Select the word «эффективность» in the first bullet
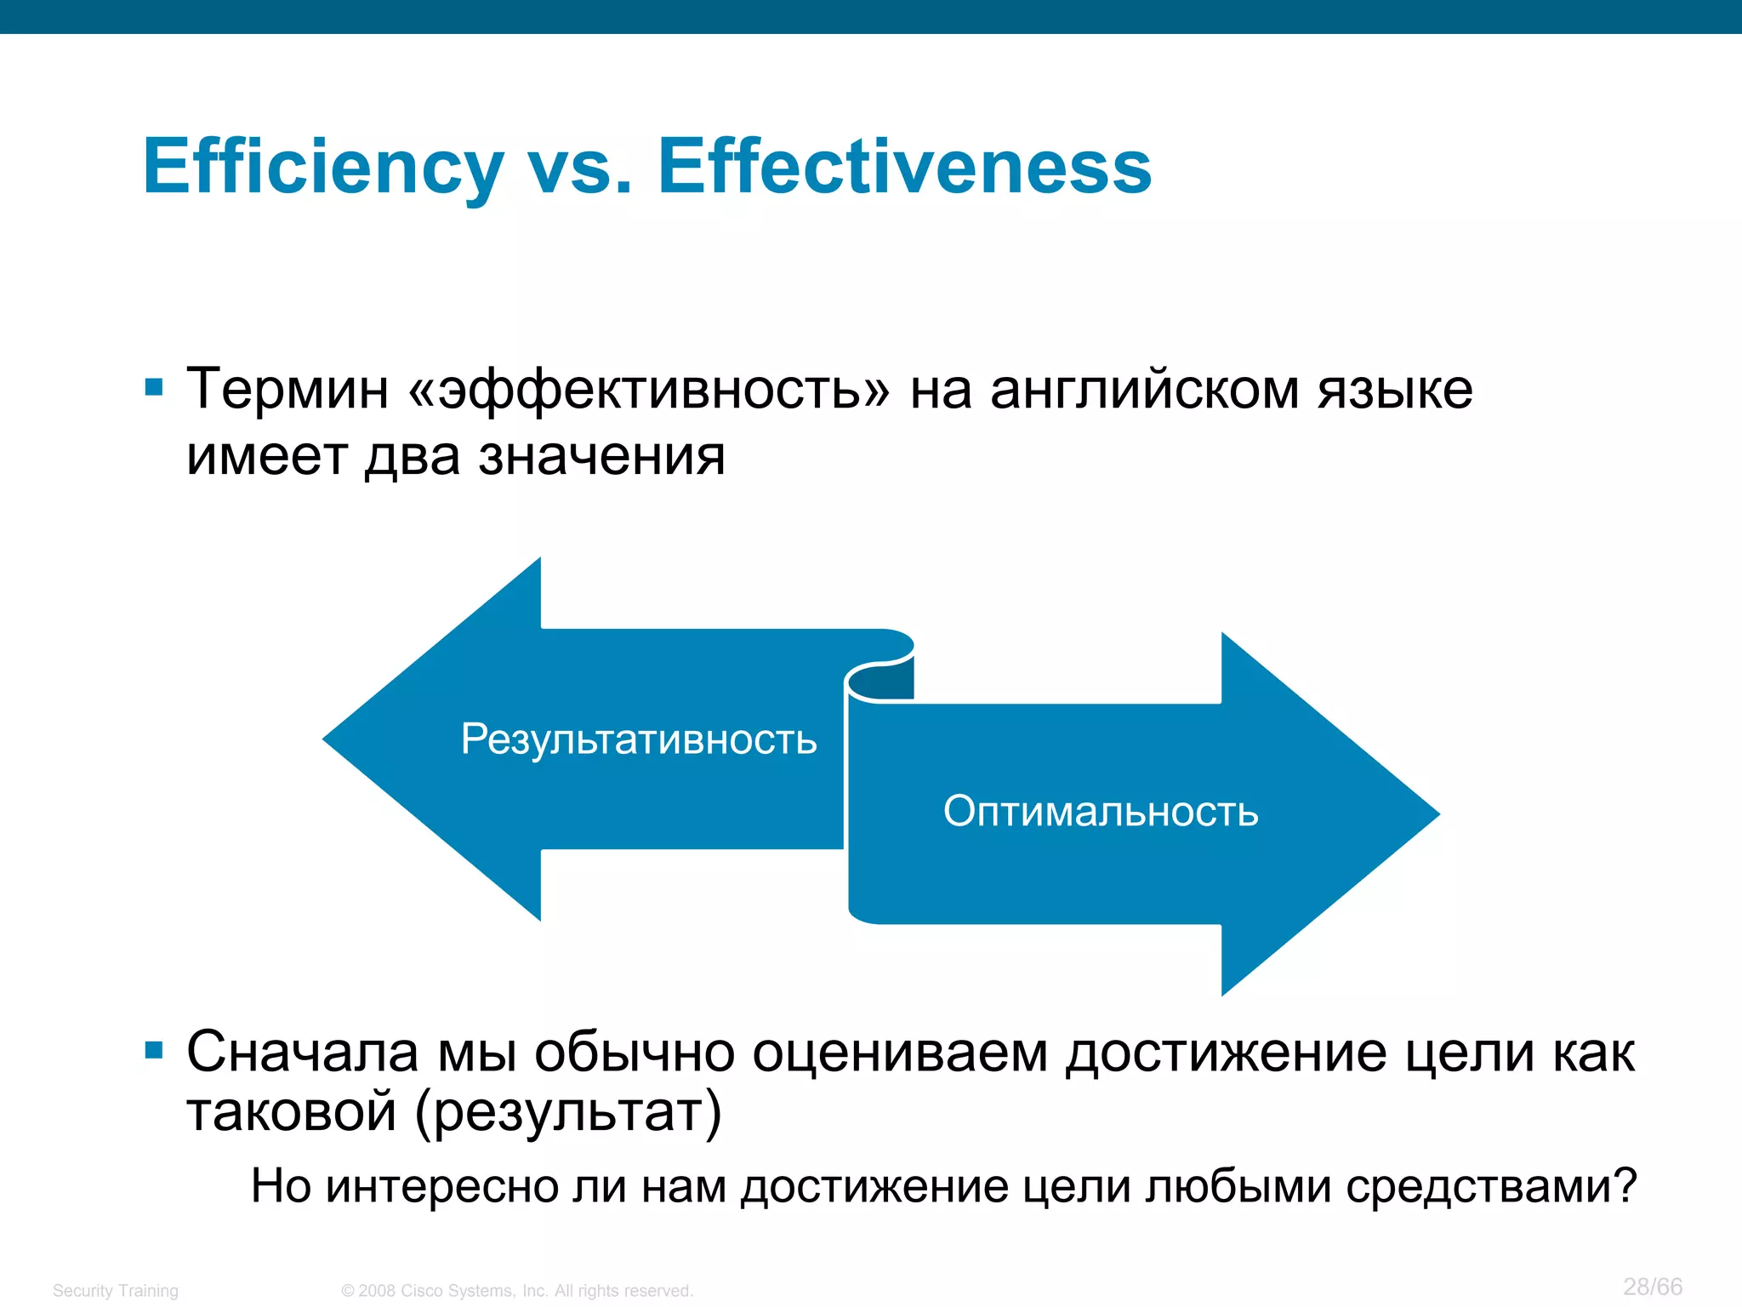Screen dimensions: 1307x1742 (649, 390)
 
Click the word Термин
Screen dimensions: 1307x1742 (287, 390)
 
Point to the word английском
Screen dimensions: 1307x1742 (1143, 390)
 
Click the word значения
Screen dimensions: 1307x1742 (601, 456)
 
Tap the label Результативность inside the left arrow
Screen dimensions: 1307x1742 (638, 739)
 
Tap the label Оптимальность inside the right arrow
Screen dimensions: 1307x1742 (1101, 811)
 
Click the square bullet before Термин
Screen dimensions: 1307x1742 (154, 388)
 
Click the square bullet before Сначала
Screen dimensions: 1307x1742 (154, 1050)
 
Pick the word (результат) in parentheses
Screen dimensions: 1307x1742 (568, 1111)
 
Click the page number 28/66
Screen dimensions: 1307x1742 (1652, 1286)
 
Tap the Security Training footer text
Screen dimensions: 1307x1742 (116, 1290)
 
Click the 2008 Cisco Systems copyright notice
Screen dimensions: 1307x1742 (516, 1290)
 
